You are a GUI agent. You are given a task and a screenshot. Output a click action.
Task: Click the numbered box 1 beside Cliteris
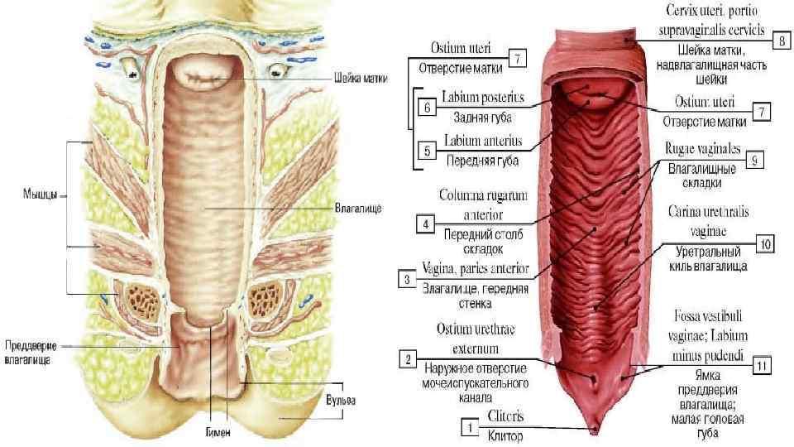pyautogui.click(x=469, y=428)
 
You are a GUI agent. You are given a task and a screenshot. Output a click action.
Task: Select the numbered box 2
pyautogui.click(x=407, y=358)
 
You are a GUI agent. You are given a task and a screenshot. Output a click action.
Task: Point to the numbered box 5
pyautogui.click(x=426, y=151)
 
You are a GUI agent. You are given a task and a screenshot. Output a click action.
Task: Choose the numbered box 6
pyautogui.click(x=426, y=107)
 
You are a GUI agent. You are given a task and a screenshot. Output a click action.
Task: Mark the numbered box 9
pyautogui.click(x=753, y=162)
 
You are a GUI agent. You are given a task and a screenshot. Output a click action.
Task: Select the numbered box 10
pyautogui.click(x=765, y=244)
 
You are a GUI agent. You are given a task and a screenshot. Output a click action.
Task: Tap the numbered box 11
pyautogui.click(x=763, y=363)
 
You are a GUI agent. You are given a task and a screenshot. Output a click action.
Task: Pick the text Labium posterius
pyautogui.click(x=483, y=99)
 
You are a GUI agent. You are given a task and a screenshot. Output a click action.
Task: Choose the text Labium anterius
pyautogui.click(x=481, y=141)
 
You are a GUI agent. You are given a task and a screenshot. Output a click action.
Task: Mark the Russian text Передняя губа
pyautogui.click(x=482, y=161)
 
